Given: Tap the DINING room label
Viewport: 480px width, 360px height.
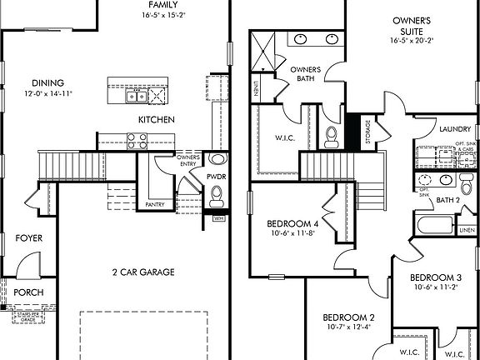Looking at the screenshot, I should click(x=49, y=82).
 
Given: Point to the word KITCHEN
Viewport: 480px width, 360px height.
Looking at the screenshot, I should click(x=157, y=121).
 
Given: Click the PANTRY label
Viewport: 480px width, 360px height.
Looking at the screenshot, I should click(x=155, y=204).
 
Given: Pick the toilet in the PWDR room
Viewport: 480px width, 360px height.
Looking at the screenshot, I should click(x=217, y=195).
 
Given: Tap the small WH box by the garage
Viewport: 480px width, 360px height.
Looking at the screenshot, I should click(x=220, y=218).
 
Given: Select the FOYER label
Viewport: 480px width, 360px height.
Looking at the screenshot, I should click(x=29, y=238).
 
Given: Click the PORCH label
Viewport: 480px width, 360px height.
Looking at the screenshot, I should click(x=29, y=292).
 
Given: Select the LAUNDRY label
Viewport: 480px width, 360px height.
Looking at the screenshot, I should click(x=455, y=130).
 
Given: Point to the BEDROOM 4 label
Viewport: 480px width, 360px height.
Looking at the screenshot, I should click(x=293, y=224).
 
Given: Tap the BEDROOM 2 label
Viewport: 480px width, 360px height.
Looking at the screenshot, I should click(x=348, y=317).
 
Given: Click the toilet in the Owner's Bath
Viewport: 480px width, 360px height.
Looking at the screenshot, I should click(x=331, y=134).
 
